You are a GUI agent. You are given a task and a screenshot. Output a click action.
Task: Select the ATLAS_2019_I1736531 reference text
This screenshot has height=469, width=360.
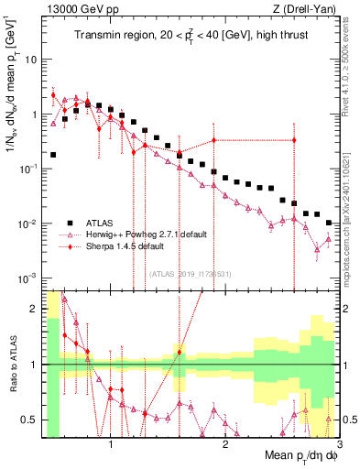189,273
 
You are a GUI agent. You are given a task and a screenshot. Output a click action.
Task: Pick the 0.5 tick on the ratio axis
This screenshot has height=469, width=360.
30,420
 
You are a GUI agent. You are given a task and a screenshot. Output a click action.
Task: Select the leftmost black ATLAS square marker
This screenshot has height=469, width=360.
53,155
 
